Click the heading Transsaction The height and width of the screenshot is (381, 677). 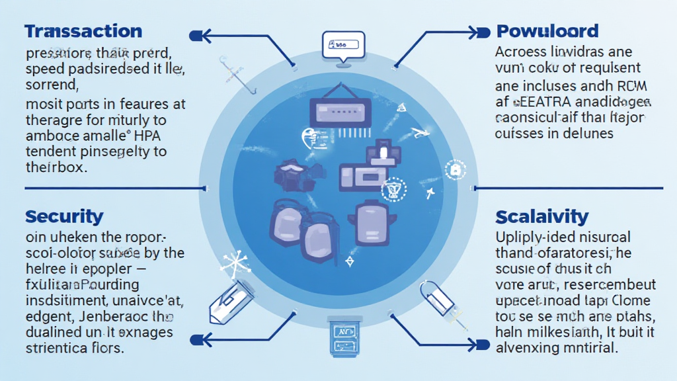click(83, 31)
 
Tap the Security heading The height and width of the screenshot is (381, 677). click(64, 216)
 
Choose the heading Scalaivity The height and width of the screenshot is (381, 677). click(541, 216)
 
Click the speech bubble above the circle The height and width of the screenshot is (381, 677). click(342, 46)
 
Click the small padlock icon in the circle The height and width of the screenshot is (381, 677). click(455, 170)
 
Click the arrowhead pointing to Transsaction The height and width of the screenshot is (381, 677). click(198, 36)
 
